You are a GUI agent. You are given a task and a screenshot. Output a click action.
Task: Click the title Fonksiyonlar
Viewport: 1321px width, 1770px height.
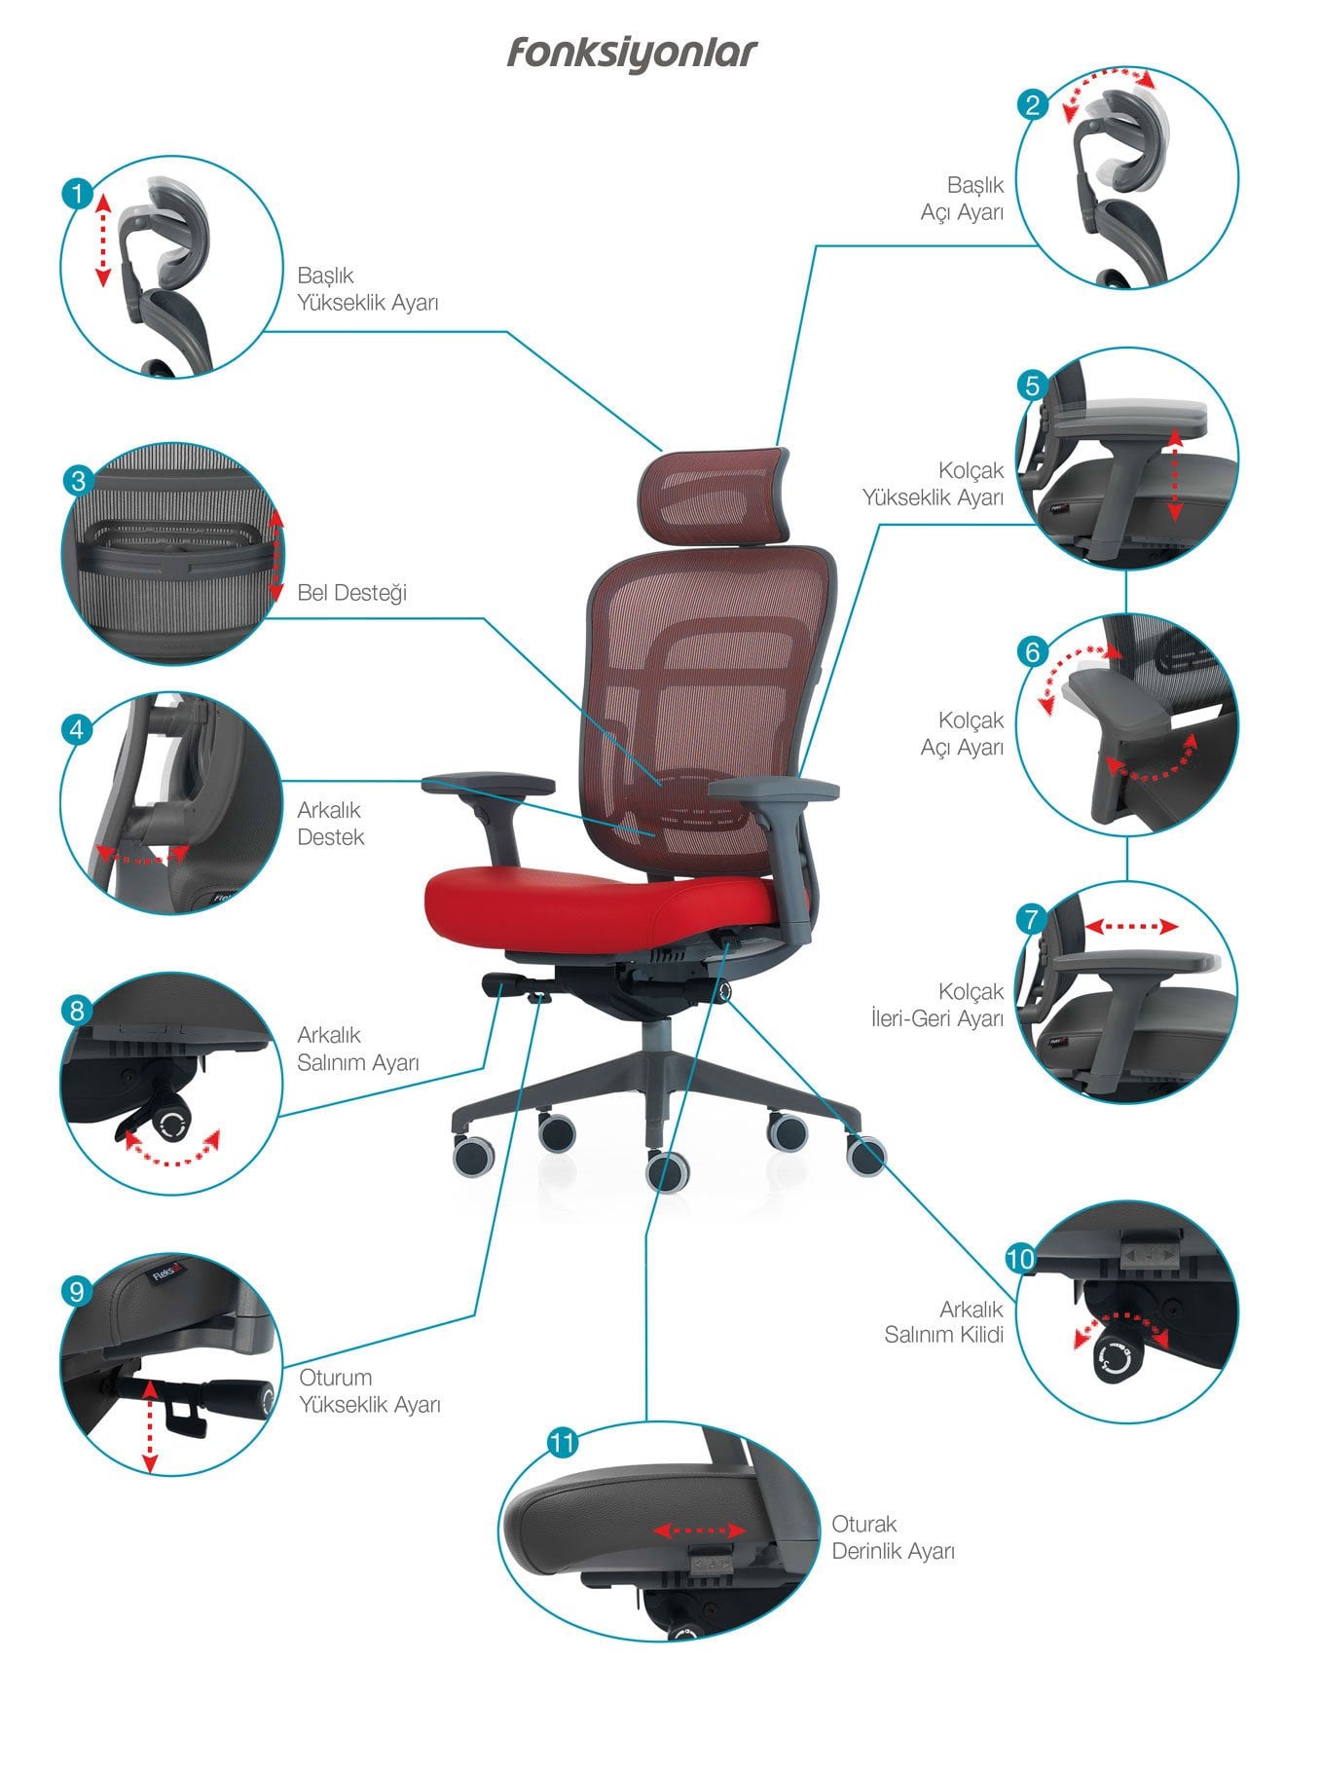(x=631, y=54)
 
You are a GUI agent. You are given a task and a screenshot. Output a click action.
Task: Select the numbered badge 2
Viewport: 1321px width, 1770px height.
(x=1032, y=104)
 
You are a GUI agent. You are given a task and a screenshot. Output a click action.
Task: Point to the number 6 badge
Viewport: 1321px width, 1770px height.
(x=1033, y=651)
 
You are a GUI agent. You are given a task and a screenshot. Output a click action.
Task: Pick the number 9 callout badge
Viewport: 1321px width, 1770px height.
(x=77, y=1291)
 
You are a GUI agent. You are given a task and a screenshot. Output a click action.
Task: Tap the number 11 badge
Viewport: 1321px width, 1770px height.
(x=563, y=1442)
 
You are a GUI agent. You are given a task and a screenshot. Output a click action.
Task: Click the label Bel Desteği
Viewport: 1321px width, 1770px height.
(x=351, y=593)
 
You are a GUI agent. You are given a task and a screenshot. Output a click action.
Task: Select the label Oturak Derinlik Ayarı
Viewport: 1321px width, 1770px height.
(x=893, y=1537)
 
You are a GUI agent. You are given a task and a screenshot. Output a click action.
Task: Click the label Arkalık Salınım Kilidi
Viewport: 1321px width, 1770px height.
(x=943, y=1322)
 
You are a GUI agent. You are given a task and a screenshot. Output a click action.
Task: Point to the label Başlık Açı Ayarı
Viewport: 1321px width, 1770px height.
(x=962, y=198)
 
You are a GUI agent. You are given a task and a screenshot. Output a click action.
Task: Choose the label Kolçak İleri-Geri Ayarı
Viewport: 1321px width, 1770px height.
(x=936, y=1005)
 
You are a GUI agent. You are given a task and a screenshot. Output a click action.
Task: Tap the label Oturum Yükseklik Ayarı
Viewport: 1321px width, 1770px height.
(x=370, y=1391)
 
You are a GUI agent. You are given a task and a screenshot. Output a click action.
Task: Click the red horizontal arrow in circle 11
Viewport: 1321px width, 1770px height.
(x=699, y=1531)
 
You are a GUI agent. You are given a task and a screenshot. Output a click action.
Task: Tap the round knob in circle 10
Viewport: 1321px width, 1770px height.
(x=1114, y=1358)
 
